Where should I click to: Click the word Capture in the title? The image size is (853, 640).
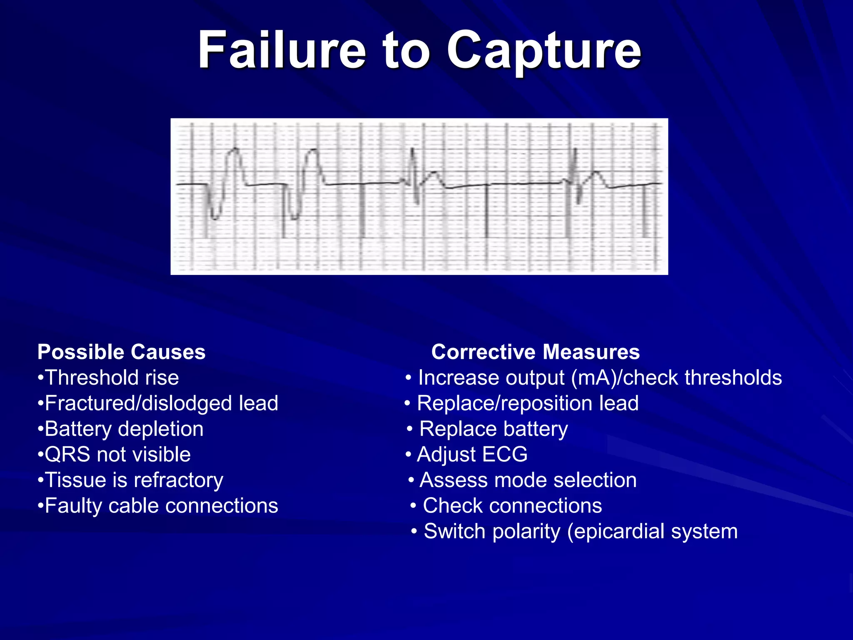click(544, 51)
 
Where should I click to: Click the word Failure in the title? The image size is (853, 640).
click(282, 51)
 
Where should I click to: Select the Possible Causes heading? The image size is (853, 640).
click(121, 352)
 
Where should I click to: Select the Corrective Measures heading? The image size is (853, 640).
click(535, 352)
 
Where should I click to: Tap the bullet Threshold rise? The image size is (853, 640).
click(108, 377)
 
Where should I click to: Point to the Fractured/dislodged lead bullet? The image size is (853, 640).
click(158, 403)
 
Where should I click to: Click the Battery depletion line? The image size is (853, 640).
click(121, 429)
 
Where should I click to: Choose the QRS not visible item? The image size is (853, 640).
click(114, 454)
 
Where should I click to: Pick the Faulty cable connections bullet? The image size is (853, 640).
click(158, 505)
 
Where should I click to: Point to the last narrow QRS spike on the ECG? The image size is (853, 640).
click(575, 175)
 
